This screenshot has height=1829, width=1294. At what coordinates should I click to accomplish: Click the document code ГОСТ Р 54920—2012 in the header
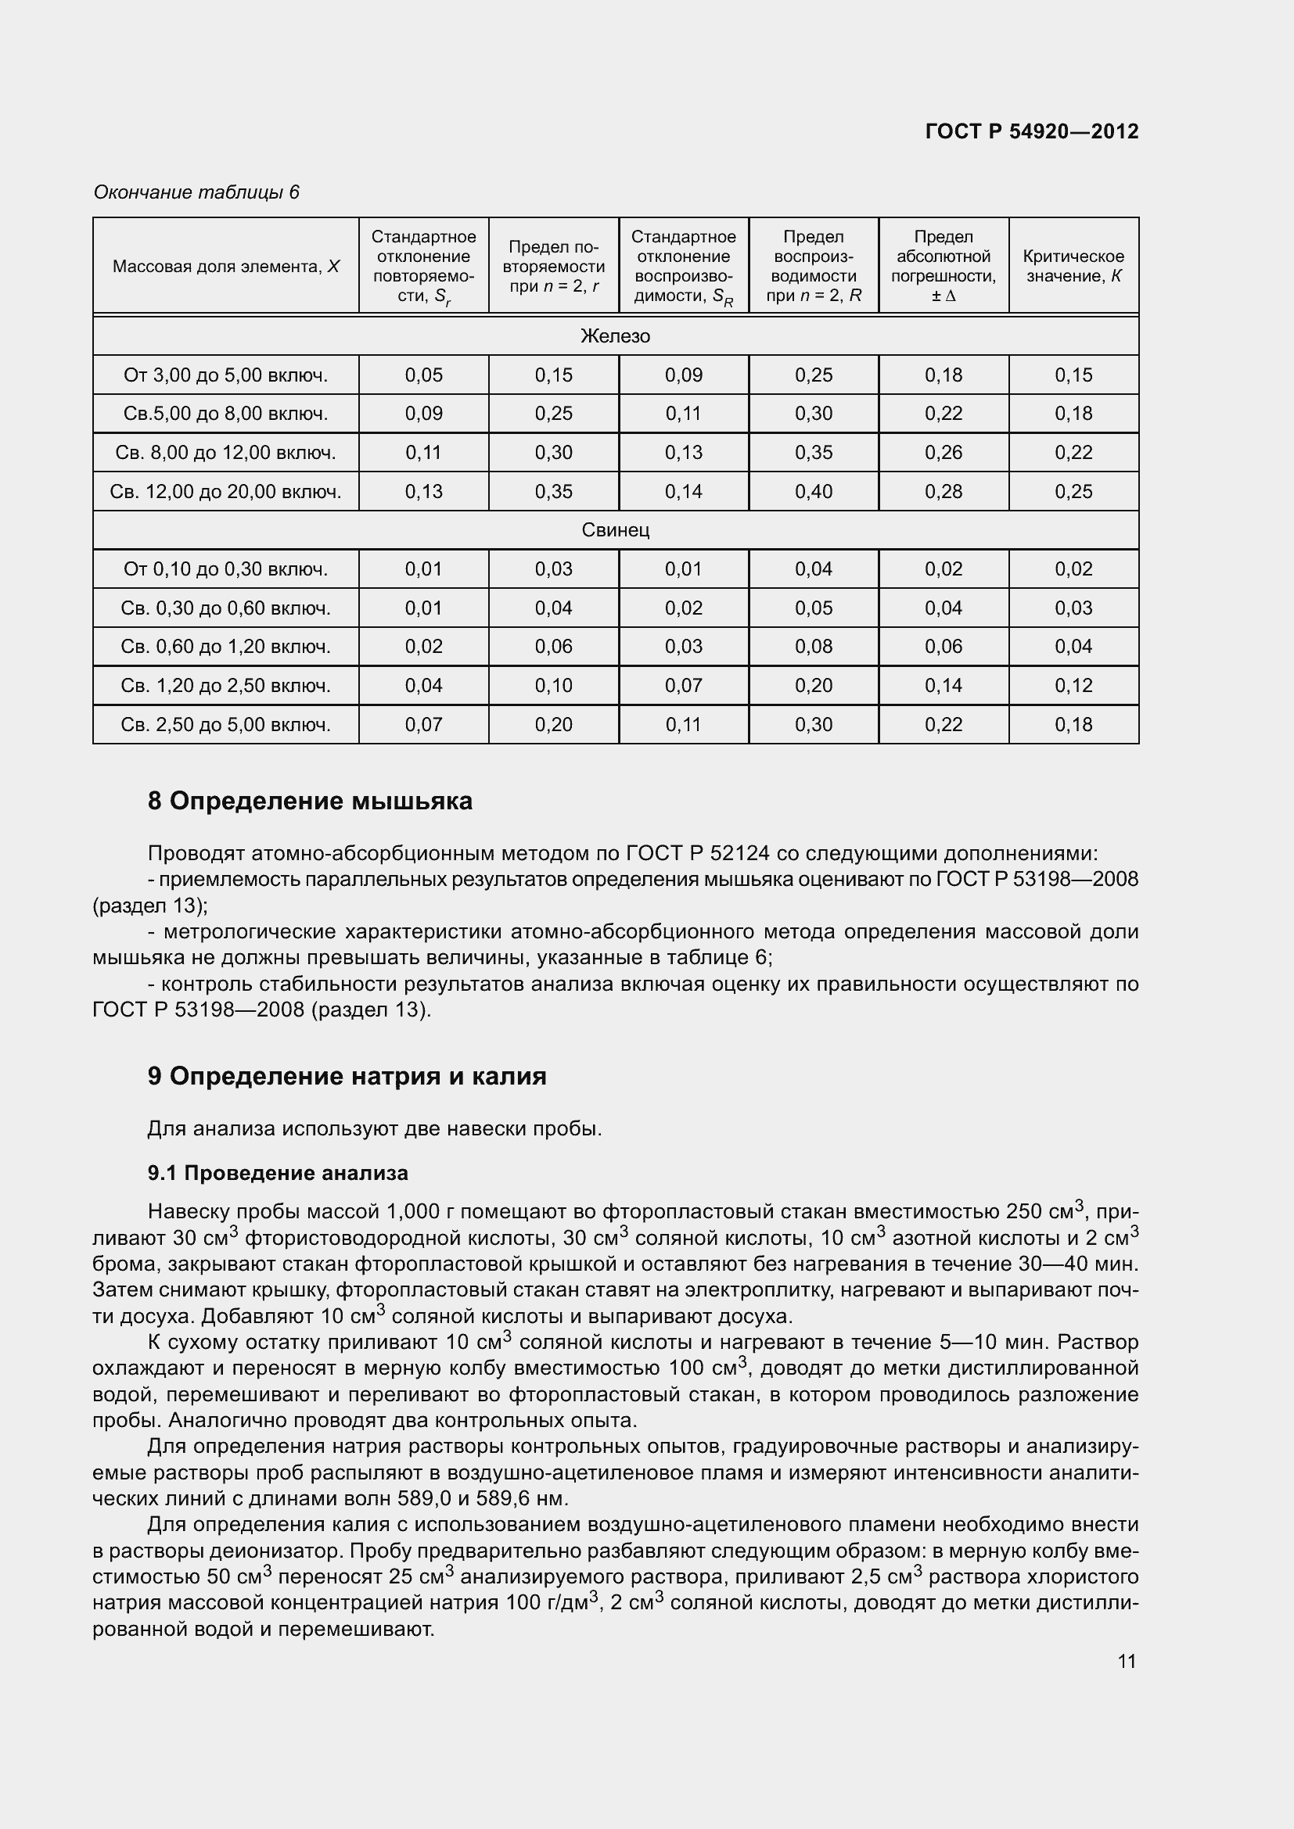click(1031, 131)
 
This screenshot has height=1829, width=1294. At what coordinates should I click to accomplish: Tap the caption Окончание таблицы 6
click(196, 192)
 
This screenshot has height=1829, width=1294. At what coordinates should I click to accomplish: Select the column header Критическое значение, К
click(1073, 266)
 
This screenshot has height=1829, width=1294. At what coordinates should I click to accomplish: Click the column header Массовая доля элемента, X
click(225, 266)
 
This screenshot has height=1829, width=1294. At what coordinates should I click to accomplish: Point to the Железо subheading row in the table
click(615, 336)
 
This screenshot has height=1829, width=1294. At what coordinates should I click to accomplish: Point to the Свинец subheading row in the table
click(615, 529)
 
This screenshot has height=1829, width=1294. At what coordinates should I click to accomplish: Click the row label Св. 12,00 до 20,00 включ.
click(225, 492)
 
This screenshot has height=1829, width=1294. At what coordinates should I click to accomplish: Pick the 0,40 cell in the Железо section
click(813, 492)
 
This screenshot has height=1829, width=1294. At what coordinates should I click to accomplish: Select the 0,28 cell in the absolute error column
click(943, 492)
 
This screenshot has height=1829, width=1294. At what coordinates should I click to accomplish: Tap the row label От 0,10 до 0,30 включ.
click(225, 568)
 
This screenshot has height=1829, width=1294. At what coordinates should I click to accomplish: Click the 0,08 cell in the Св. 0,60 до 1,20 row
click(813, 646)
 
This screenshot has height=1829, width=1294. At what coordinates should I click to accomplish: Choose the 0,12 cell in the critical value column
click(1073, 685)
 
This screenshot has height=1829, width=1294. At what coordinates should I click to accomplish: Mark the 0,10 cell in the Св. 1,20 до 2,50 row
click(553, 685)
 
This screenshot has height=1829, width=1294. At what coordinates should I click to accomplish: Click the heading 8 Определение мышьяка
click(310, 801)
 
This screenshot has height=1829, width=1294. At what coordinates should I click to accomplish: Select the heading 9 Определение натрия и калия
click(347, 1076)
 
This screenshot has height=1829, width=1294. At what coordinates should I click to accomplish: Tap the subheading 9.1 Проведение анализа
click(277, 1173)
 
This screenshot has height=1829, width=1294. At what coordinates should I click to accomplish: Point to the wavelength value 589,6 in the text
click(503, 1498)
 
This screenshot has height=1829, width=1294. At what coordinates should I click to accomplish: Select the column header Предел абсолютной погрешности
click(943, 266)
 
